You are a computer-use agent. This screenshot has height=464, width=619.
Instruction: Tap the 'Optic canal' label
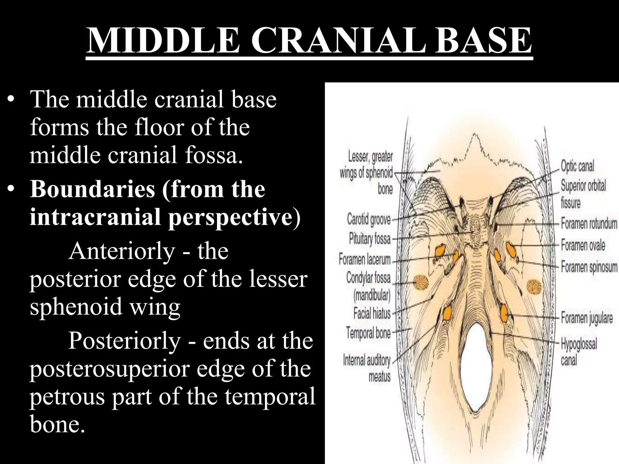pyautogui.click(x=577, y=166)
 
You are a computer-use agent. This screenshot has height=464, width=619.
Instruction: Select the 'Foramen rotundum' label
pyautogui.click(x=589, y=224)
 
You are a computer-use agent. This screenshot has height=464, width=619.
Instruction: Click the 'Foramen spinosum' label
pyautogui.click(x=589, y=267)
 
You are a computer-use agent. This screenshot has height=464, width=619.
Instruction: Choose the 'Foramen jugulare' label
pyautogui.click(x=587, y=318)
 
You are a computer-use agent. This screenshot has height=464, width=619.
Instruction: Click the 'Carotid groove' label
pyautogui.click(x=369, y=219)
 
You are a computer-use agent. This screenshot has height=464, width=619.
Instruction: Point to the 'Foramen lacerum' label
pyautogui.click(x=365, y=259)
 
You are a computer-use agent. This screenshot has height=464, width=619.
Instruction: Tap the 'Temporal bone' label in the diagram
pyautogui.click(x=368, y=333)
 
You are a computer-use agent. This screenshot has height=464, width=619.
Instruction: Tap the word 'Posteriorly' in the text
pyautogui.click(x=124, y=341)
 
